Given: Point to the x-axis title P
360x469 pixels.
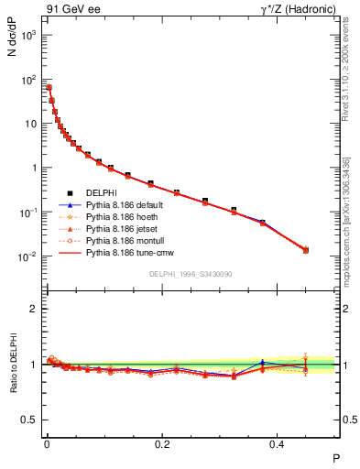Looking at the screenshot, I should (x=335, y=458).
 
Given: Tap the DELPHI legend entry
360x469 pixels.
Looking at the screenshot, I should (x=100, y=191).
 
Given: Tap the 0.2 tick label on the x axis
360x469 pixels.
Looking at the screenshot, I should (x=162, y=442).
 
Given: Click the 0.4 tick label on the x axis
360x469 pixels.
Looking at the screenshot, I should (x=278, y=442).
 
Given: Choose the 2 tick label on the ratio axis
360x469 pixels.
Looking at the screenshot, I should (x=34, y=309).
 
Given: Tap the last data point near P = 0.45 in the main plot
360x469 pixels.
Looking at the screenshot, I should (x=306, y=250).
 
